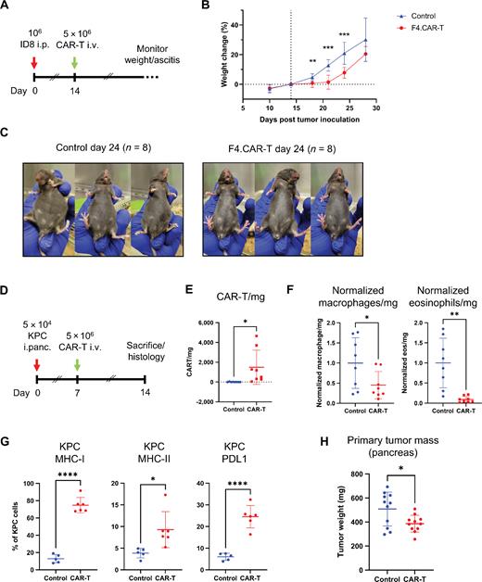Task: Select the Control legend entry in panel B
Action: click(x=411, y=16)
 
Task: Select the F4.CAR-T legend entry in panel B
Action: click(x=412, y=27)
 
